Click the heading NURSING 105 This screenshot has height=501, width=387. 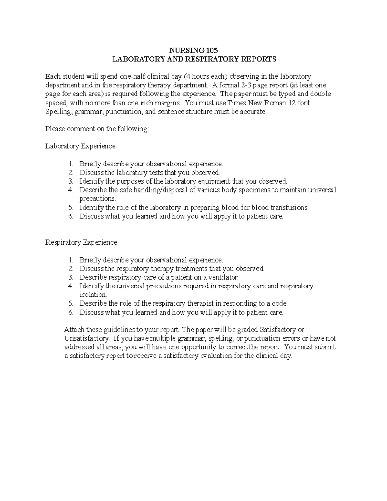point(194,50)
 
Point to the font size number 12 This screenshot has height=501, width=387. point(294,103)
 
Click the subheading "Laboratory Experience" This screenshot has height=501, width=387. point(80,146)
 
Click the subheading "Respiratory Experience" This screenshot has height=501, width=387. point(81,242)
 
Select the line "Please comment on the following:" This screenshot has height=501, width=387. point(97,129)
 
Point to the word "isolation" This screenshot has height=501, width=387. point(93,295)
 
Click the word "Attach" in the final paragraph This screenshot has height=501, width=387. point(74,330)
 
